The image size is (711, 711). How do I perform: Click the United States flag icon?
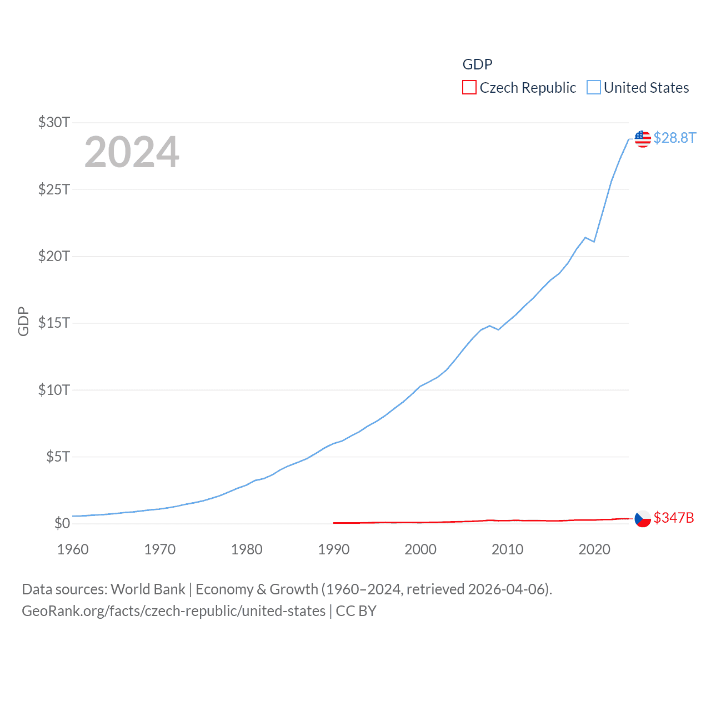point(643,138)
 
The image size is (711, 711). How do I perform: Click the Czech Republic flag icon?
point(643,519)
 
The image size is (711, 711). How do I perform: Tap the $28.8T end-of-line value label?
point(674,138)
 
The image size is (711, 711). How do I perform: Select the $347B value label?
point(674,518)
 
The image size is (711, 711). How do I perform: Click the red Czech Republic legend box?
point(469,88)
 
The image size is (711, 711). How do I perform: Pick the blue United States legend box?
point(594,88)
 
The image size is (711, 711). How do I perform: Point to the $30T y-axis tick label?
point(54,122)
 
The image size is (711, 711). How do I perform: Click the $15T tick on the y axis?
point(54,323)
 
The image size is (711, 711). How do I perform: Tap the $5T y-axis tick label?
point(58,457)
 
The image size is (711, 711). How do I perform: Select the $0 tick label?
point(62,523)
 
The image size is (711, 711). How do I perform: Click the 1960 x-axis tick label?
point(73,549)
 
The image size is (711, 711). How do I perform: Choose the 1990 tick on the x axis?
point(334,549)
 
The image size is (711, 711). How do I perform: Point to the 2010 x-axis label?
point(507,549)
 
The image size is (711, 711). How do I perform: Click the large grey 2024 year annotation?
point(132,152)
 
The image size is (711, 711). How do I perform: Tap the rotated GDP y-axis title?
point(23,321)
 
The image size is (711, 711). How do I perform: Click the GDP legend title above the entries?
point(477,64)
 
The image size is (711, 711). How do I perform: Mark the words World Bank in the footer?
point(148,589)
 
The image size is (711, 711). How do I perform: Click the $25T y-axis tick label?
point(54,189)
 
